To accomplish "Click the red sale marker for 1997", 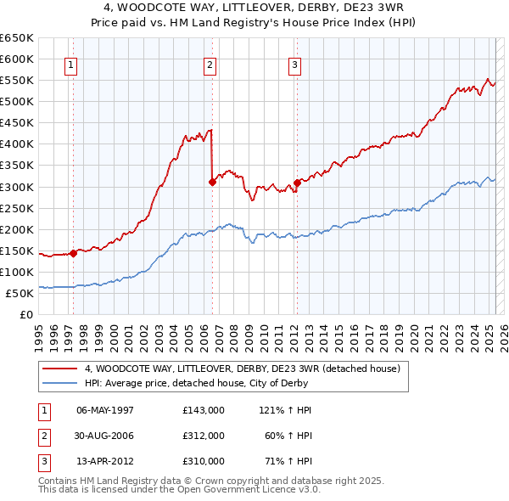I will pyautogui.click(x=74, y=252).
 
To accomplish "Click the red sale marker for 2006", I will pyautogui.click(x=213, y=181).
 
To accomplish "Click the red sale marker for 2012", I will pyautogui.click(x=298, y=182).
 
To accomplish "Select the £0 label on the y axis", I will pyautogui.click(x=25, y=314).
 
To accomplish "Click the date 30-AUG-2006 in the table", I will pyautogui.click(x=105, y=436).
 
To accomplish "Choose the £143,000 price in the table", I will pyautogui.click(x=203, y=410).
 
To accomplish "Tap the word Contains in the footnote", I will pyautogui.click(x=59, y=481).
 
